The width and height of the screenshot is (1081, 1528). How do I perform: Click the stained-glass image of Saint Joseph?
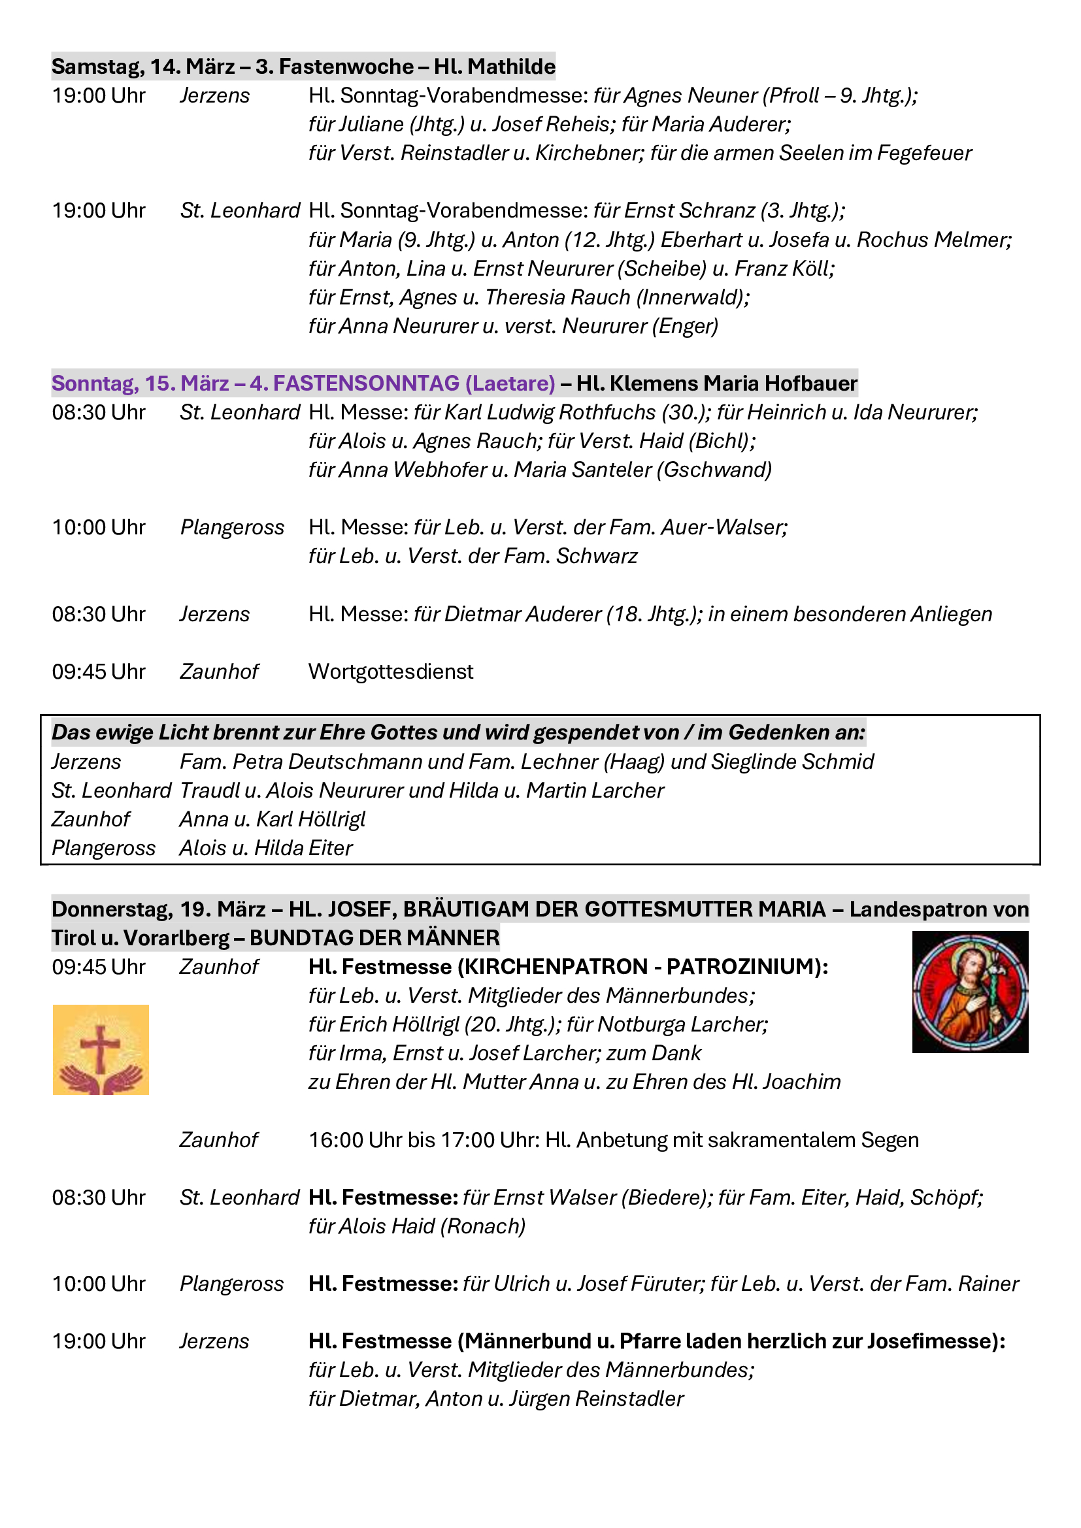tap(970, 991)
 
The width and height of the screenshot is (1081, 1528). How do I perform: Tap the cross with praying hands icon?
tap(101, 1050)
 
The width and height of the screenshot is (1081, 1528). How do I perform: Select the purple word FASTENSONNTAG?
tap(366, 383)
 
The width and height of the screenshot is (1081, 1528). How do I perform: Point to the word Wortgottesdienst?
tap(391, 672)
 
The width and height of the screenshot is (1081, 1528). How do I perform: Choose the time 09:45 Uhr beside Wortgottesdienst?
tap(99, 672)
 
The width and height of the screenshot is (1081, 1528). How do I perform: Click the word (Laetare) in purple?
tap(510, 383)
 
